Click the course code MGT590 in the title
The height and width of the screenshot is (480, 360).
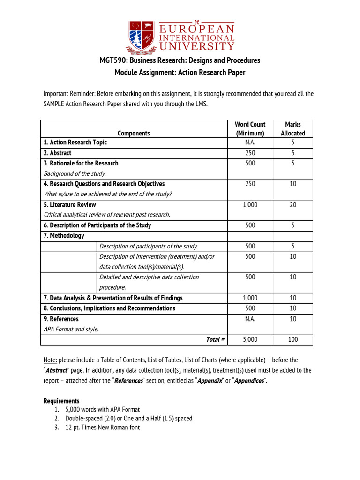click(x=112, y=60)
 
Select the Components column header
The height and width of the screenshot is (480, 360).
click(x=134, y=133)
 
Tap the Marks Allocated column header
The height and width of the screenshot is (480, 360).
click(x=292, y=129)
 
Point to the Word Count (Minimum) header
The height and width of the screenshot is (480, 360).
click(x=250, y=129)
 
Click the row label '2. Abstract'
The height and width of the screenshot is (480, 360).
click(x=58, y=153)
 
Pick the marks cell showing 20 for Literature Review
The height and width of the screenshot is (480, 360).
click(x=293, y=205)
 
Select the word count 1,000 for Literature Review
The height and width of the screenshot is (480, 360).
click(x=250, y=205)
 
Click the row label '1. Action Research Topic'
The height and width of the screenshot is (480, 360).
click(x=75, y=142)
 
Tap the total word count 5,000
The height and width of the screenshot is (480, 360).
click(x=250, y=339)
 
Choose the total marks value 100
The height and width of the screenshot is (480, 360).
click(x=293, y=339)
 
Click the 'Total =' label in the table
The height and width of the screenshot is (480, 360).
click(x=215, y=339)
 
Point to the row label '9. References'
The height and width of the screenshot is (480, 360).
click(x=61, y=319)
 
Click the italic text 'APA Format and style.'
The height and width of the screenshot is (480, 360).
click(x=71, y=329)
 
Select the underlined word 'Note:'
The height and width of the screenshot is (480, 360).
click(x=50, y=360)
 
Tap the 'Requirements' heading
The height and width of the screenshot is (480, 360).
click(x=61, y=401)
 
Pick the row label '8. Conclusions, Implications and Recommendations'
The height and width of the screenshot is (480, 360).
click(x=109, y=308)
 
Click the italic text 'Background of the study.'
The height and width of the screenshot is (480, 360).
click(x=75, y=173)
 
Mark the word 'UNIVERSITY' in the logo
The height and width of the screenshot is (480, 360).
click(x=197, y=46)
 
